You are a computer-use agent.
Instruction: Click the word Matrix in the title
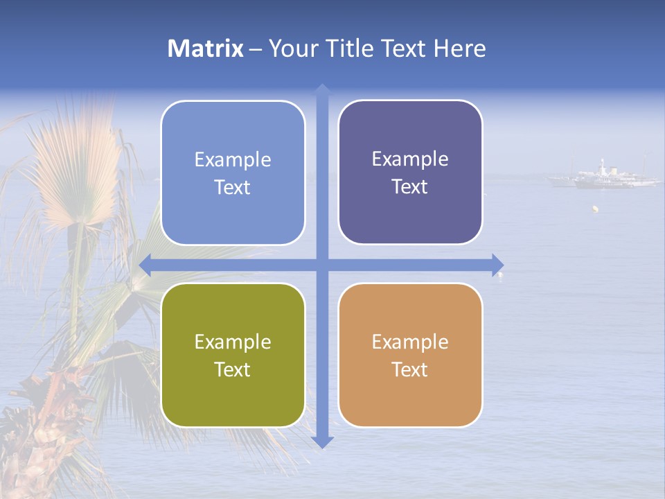[205, 49]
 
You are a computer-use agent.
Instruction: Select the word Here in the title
[460, 49]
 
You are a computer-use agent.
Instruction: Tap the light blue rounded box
[233, 173]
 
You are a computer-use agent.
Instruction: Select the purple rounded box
[410, 172]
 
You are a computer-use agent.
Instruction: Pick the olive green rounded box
[233, 355]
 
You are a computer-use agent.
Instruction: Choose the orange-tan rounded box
[410, 355]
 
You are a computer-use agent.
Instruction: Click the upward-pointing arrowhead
[322, 89]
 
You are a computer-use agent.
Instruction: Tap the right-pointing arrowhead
[497, 265]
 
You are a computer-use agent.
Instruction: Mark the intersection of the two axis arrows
[322, 265]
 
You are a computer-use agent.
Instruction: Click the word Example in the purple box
[410, 159]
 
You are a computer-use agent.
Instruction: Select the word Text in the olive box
[233, 369]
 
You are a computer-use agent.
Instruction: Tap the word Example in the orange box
[410, 342]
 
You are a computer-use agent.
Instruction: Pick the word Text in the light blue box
[233, 187]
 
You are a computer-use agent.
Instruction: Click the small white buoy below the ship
[594, 208]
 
